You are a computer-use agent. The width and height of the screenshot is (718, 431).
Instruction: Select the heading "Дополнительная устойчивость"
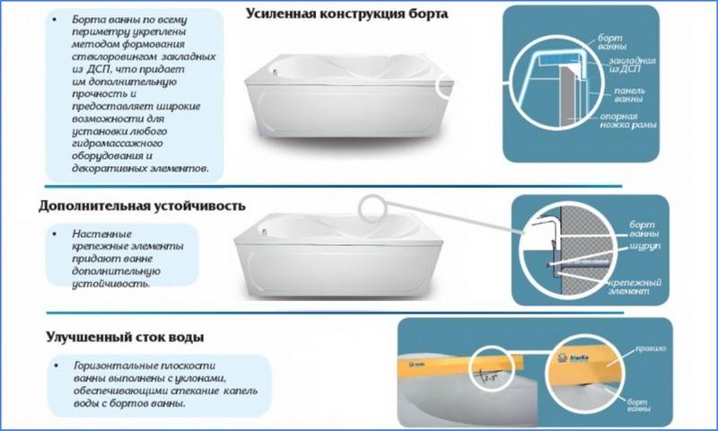pos(142,206)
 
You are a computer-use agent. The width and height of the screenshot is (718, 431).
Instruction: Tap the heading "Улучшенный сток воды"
pos(124,338)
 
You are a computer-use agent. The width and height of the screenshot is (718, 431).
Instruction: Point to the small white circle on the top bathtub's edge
pos(446,85)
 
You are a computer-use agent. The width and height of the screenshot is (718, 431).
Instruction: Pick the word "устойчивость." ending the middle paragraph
pos(110,283)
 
